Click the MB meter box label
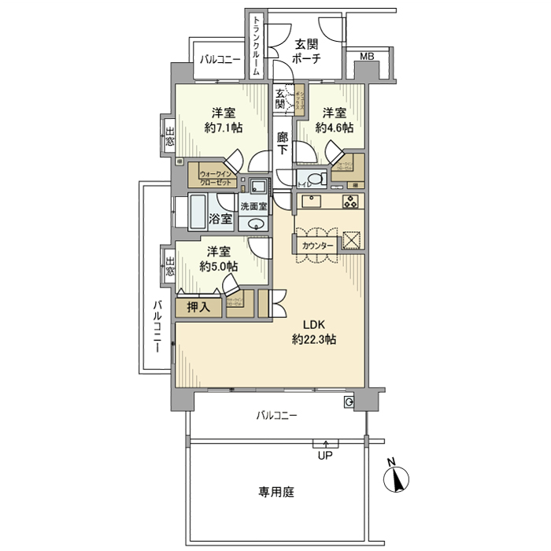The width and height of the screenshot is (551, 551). (x=367, y=57)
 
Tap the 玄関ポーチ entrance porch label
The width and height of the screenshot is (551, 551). (x=305, y=51)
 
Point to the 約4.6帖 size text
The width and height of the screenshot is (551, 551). (x=335, y=128)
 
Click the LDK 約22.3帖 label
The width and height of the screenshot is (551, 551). (x=315, y=332)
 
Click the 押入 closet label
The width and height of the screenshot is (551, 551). (x=199, y=307)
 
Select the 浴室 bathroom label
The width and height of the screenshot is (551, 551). (x=220, y=218)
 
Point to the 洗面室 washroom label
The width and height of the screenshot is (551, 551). (x=253, y=206)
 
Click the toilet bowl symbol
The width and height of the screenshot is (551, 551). (x=313, y=177)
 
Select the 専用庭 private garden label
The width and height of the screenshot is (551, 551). (x=275, y=492)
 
